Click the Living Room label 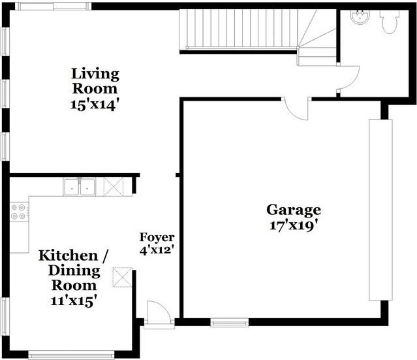[x=95, y=80]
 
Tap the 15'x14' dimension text [x=95, y=105]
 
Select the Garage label [x=293, y=210]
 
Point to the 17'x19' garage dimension [x=293, y=226]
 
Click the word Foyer [x=157, y=237]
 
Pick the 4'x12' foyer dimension [x=157, y=250]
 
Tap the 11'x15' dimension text [x=73, y=301]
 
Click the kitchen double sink [x=79, y=187]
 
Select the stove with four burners [x=20, y=210]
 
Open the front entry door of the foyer [x=158, y=313]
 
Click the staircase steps [x=241, y=29]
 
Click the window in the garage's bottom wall [x=229, y=321]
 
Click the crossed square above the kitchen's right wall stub [x=122, y=276]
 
